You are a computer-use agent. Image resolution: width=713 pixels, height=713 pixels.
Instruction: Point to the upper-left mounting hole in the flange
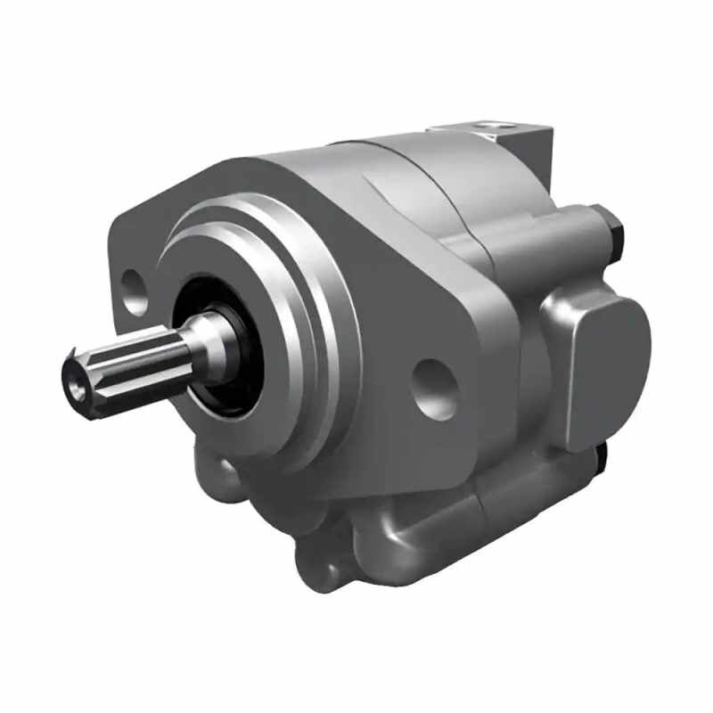[135, 291]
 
